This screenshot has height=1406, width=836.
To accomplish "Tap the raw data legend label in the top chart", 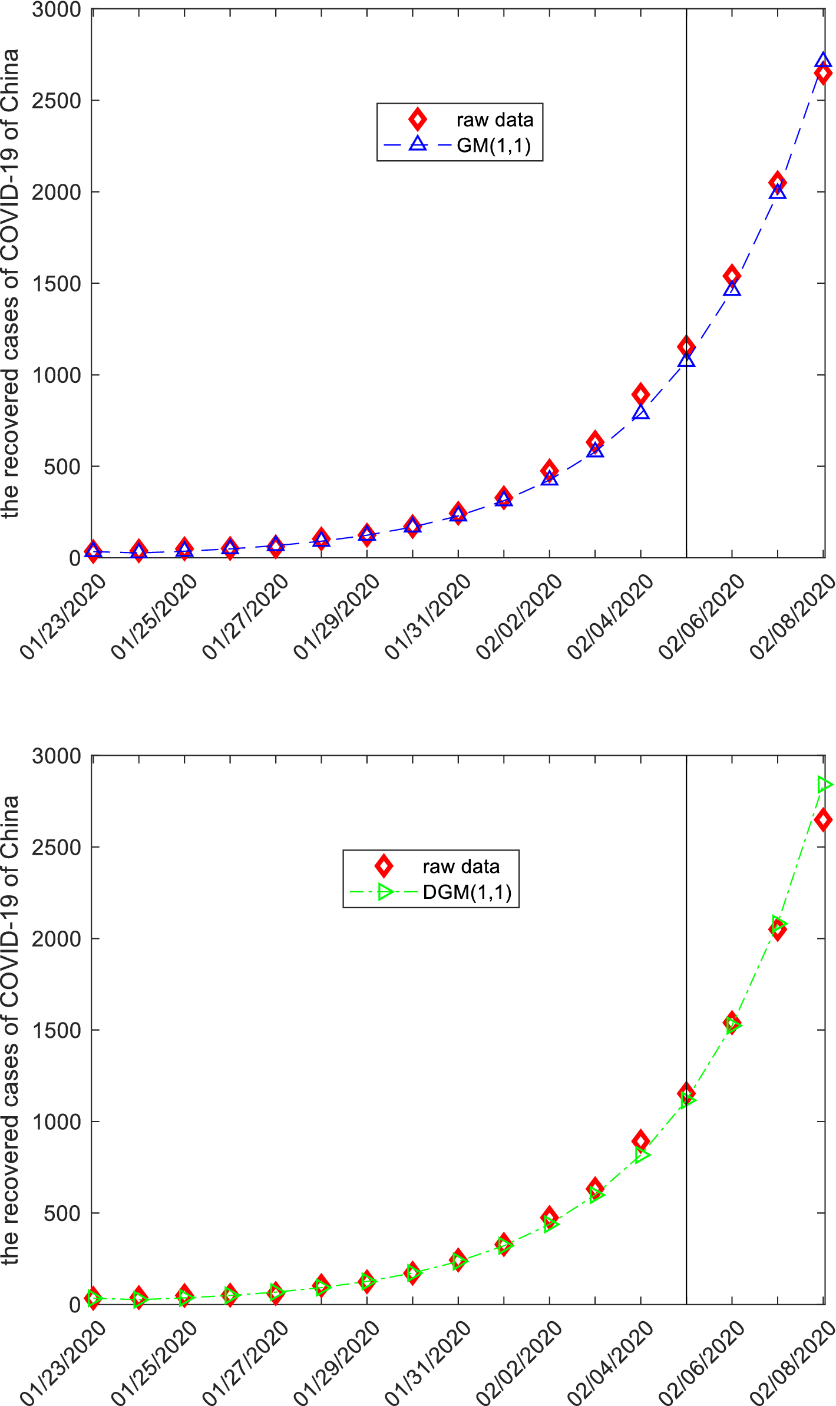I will (x=494, y=120).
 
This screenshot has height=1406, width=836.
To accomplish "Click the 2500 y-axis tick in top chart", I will (x=57, y=101).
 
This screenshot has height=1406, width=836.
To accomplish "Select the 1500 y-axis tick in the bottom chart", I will (x=57, y=1030).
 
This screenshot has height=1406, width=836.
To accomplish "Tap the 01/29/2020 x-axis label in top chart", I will (x=337, y=617).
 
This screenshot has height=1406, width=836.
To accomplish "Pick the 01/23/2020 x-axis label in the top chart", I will (x=63, y=617).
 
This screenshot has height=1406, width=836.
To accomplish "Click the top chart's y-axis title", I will (x=11, y=283).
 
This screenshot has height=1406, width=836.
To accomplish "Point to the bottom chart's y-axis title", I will (x=11, y=1030).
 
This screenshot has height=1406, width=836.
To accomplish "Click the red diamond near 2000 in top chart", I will (x=777, y=182).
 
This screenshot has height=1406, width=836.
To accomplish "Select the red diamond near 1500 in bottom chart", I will (x=732, y=1021).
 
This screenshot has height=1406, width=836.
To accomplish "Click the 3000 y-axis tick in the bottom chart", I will (x=57, y=756).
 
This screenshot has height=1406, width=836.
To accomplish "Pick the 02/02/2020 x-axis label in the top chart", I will (x=520, y=617).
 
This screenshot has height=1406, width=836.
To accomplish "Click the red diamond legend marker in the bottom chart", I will (x=384, y=866).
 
